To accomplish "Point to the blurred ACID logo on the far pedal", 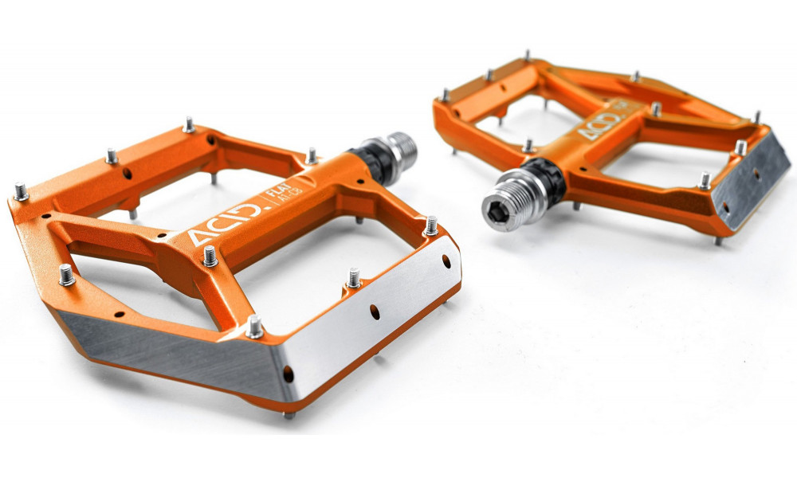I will tap(599, 124).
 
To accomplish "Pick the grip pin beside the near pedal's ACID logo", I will tap(210, 256).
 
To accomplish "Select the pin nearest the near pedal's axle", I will tap(312, 155).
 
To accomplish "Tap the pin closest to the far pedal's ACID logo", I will tap(656, 108).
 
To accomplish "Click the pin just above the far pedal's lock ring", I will tap(528, 146).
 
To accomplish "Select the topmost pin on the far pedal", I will tap(526, 55).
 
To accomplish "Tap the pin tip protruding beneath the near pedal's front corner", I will tap(289, 414).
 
